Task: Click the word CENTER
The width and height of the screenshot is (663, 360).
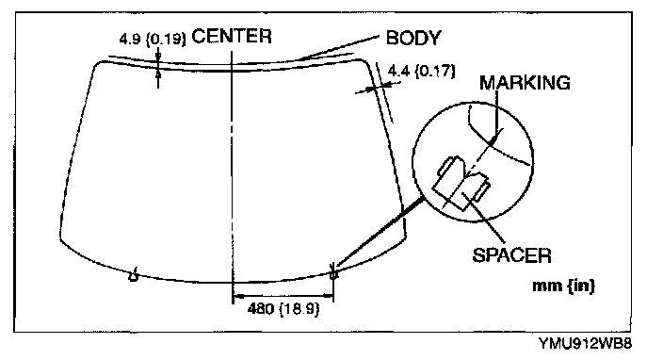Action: point(232,36)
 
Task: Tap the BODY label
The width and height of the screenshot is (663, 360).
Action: point(413,38)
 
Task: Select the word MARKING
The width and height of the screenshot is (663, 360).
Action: point(525,83)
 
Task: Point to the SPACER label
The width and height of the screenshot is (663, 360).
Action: point(511,255)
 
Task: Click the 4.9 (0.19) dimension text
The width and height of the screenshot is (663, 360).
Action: point(153,40)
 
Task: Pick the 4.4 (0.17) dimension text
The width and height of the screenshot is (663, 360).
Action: point(422,71)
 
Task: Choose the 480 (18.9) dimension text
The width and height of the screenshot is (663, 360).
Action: point(283,309)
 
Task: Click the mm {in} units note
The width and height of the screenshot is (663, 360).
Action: point(563,286)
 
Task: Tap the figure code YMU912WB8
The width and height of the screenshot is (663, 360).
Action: point(586,343)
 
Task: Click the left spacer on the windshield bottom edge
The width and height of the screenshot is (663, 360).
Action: point(134,275)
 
